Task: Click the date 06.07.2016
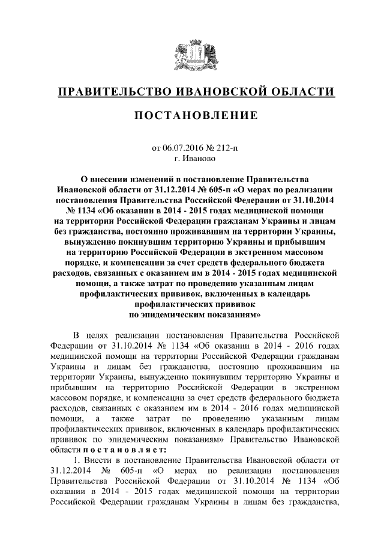coord(185,147)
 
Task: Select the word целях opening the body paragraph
coord(98,334)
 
